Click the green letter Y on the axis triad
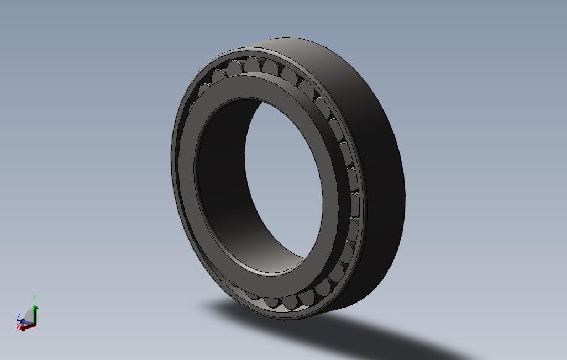pos(35,299)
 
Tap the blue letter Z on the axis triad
pos(18,317)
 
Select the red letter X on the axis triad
pos(18,327)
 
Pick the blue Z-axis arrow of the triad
pos(24,321)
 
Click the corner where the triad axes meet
pos(34,325)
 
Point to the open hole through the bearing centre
pos(282,177)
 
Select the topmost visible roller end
pos(253,64)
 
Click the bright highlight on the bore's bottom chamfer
pos(271,272)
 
